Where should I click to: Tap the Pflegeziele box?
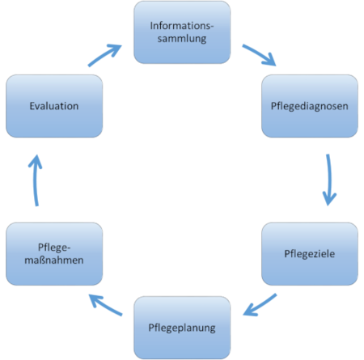click(x=310, y=254)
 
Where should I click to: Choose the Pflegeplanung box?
click(x=181, y=328)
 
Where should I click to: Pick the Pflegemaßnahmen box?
click(x=54, y=254)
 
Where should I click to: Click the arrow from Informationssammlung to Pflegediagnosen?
click(x=263, y=55)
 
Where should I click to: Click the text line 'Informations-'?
click(x=181, y=24)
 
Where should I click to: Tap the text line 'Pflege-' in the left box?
click(x=54, y=247)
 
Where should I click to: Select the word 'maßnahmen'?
click(x=54, y=261)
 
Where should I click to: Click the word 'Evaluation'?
click(x=54, y=105)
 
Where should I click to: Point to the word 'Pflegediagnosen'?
click(x=310, y=105)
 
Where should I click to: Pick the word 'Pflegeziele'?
click(x=310, y=255)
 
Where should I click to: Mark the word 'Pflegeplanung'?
click(x=181, y=328)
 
